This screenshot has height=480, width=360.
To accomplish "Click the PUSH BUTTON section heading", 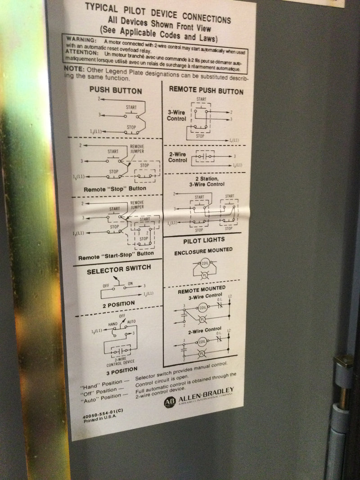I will click(115, 90).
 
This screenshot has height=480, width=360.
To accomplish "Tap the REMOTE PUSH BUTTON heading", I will click(206, 90).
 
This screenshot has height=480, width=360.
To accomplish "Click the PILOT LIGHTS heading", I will click(202, 241).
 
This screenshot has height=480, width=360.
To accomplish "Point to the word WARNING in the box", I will click(81, 40).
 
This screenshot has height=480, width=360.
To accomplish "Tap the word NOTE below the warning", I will click(74, 68).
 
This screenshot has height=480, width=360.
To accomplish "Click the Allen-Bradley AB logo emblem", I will click(169, 402).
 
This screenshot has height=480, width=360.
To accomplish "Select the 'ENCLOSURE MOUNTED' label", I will click(203, 250).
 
